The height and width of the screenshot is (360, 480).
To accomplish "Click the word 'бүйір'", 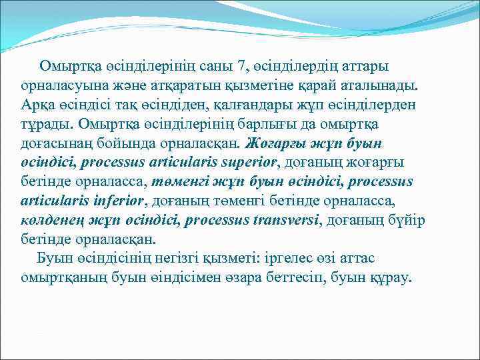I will point(406,220).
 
